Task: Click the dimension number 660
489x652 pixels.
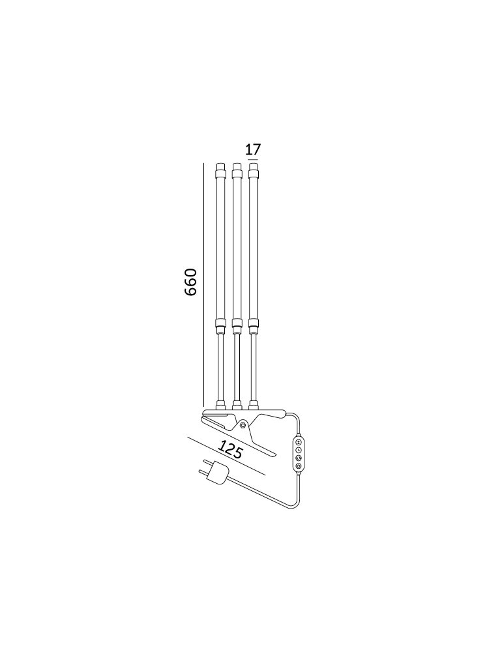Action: [190, 282]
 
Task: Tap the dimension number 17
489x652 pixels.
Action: [253, 149]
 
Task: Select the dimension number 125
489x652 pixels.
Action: [230, 450]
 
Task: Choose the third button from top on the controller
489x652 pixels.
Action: [299, 458]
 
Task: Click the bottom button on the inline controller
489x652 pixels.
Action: [299, 466]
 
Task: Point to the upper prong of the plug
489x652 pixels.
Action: [208, 463]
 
